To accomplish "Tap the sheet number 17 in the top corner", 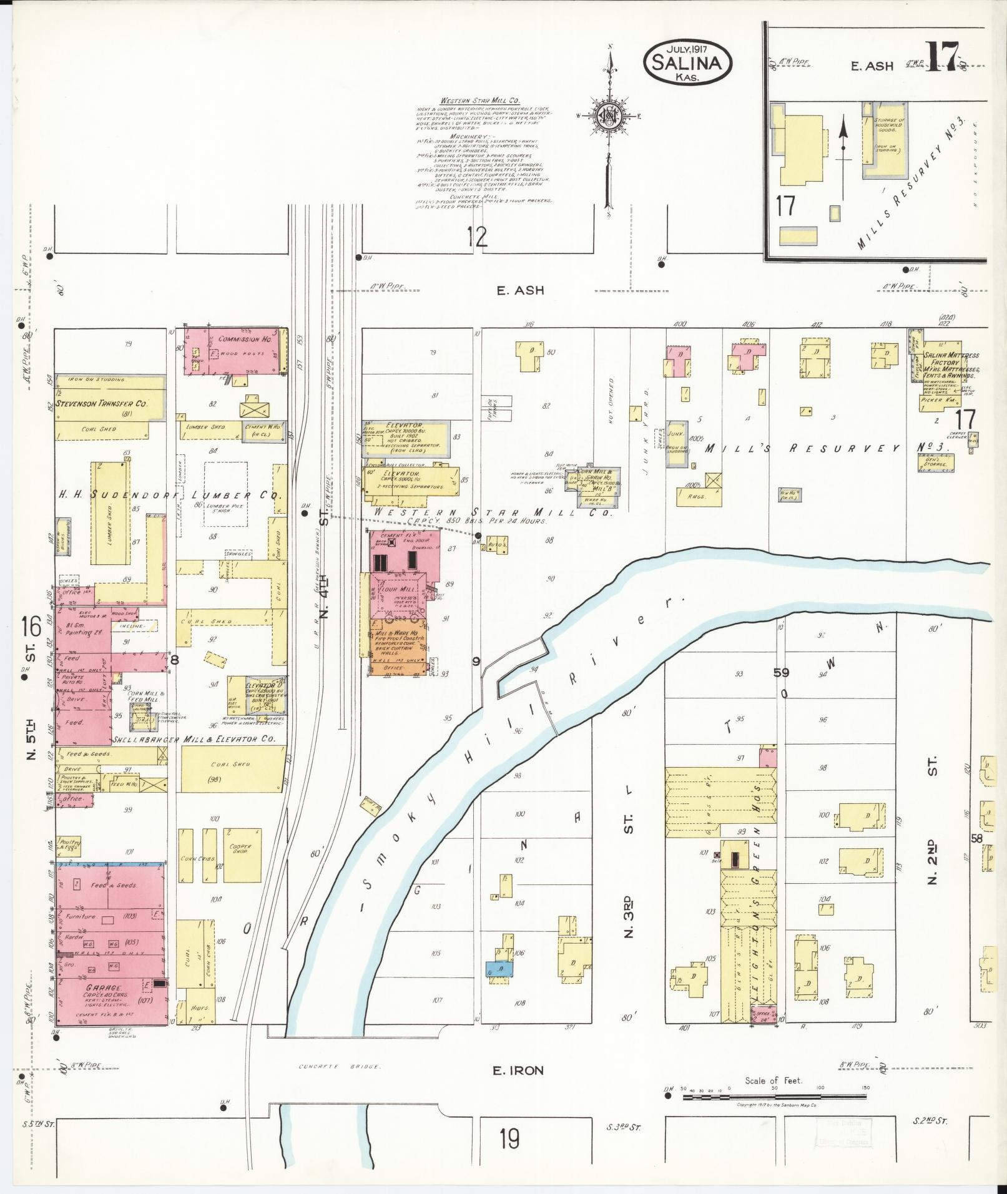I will pyautogui.click(x=945, y=57).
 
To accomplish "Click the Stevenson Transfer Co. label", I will pyautogui.click(x=101, y=404).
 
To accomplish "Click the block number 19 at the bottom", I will pyautogui.click(x=509, y=1139).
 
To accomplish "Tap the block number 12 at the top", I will pyautogui.click(x=478, y=237).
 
